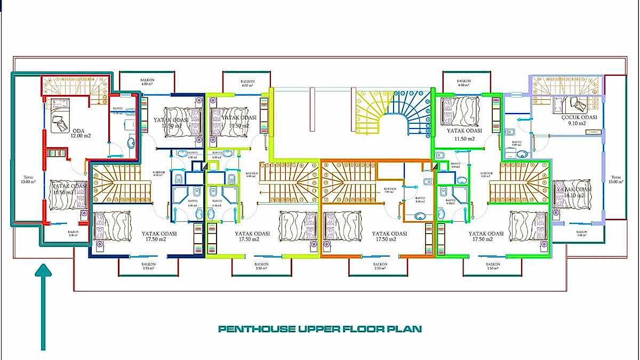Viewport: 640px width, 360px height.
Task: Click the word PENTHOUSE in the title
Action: pyautogui.click(x=255, y=329)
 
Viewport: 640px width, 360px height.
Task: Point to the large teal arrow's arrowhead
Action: pyautogui.click(x=43, y=271)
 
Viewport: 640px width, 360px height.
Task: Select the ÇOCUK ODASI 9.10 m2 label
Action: pyautogui.click(x=577, y=121)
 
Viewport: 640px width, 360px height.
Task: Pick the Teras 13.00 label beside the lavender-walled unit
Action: pyautogui.click(x=616, y=180)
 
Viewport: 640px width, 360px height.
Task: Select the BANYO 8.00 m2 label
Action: pyautogui.click(x=421, y=201)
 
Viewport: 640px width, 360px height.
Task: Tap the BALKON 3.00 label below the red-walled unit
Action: pyautogui.click(x=73, y=233)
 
